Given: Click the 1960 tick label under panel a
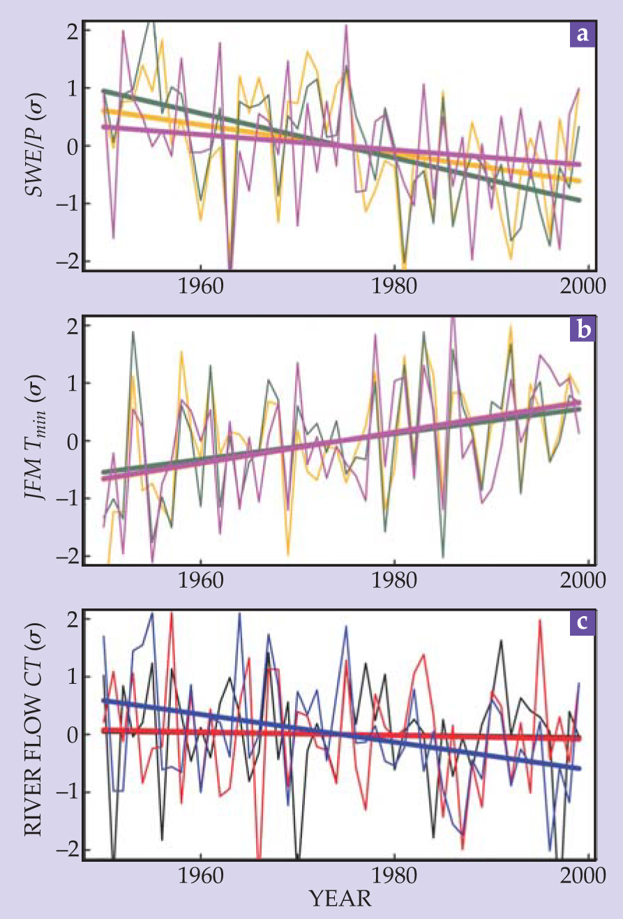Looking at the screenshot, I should (201, 287).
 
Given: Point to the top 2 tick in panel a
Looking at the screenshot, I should (72, 30).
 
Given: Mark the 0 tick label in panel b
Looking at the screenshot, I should (72, 441).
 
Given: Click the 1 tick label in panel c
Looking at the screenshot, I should (72, 677).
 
